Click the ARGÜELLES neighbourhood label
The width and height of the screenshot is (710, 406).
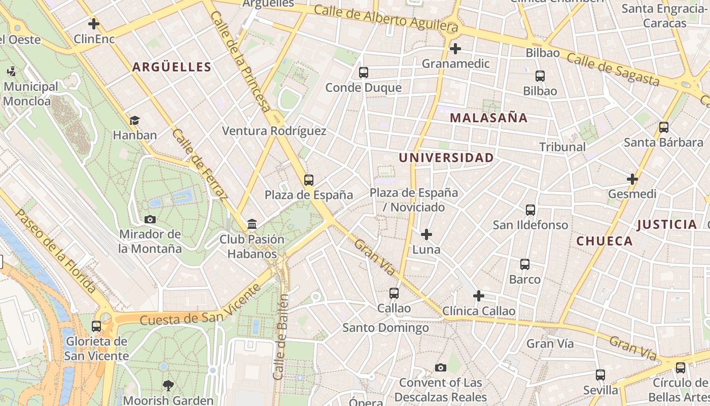(171, 67)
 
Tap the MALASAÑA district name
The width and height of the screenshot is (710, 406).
(488, 118)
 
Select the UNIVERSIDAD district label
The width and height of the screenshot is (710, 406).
(446, 158)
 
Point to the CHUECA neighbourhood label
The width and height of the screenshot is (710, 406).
(605, 241)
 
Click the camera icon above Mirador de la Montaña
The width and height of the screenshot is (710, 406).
(150, 219)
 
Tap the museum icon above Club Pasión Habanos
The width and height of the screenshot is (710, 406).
(252, 224)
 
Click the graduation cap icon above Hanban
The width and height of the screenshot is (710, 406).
(134, 120)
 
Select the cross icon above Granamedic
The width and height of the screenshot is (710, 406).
(455, 49)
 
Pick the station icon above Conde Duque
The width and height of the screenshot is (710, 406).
(363, 73)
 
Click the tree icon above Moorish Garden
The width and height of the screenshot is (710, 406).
(168, 386)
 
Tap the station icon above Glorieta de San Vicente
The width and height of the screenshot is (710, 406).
(96, 326)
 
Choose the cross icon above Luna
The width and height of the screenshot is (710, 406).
(427, 234)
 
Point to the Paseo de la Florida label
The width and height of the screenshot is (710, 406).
(56, 251)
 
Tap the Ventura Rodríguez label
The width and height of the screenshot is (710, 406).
(274, 131)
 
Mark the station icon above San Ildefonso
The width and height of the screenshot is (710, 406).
(530, 210)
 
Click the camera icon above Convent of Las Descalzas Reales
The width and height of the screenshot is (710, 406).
(440, 367)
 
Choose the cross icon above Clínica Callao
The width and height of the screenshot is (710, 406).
(478, 296)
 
